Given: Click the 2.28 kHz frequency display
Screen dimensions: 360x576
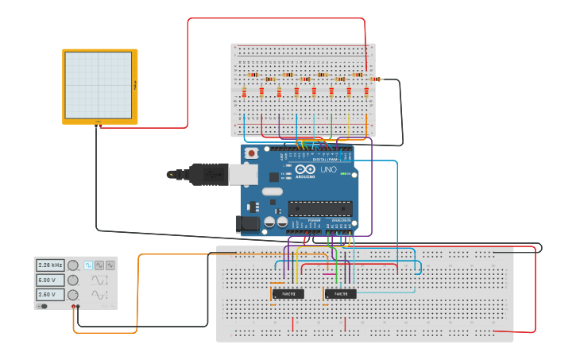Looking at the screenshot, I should tap(49, 265).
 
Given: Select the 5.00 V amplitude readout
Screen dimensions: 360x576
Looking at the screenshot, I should tap(49, 280).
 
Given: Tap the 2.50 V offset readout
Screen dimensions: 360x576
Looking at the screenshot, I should tap(49, 295).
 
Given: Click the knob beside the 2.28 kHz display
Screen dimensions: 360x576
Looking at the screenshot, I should tap(73, 265).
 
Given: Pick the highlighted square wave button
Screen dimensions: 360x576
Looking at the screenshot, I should tap(88, 265).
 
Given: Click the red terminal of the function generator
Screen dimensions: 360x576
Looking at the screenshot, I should tap(73, 306).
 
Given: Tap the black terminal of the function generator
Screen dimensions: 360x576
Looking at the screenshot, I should tap(78, 306).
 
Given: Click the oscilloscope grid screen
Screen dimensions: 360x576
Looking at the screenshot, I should tap(98, 85).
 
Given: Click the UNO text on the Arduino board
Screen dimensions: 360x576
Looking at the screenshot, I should tap(328, 169).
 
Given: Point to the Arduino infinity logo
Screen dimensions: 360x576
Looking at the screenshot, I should tap(305, 168).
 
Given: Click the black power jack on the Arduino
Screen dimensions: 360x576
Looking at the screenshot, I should tap(248, 224).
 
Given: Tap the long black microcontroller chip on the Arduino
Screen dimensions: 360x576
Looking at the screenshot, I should tap(320, 209).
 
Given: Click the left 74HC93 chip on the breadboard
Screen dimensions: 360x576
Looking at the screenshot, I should tap(288, 294).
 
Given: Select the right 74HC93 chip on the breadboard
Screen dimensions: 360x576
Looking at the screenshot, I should tap(340, 294).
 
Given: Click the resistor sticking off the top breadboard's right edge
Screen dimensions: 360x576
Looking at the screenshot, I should tap(375, 79).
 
